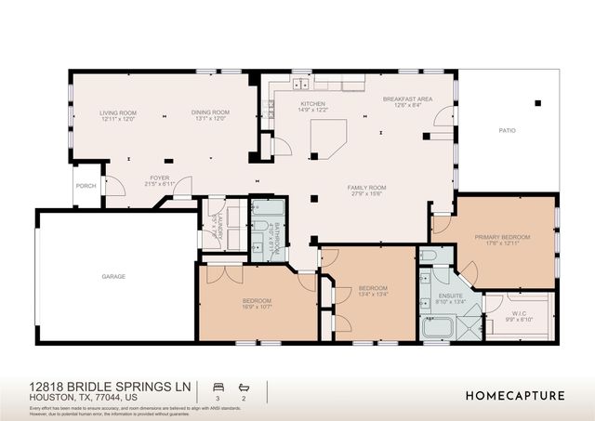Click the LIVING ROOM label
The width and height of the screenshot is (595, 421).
tap(118, 115)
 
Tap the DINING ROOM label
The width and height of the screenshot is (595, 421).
tap(211, 115)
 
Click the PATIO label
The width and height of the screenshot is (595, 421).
tap(507, 131)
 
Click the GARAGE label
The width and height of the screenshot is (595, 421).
tap(114, 276)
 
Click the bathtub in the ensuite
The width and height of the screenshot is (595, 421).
tap(434, 328)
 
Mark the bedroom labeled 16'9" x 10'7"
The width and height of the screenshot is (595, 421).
tap(257, 304)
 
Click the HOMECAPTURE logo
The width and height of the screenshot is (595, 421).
tap(514, 394)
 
